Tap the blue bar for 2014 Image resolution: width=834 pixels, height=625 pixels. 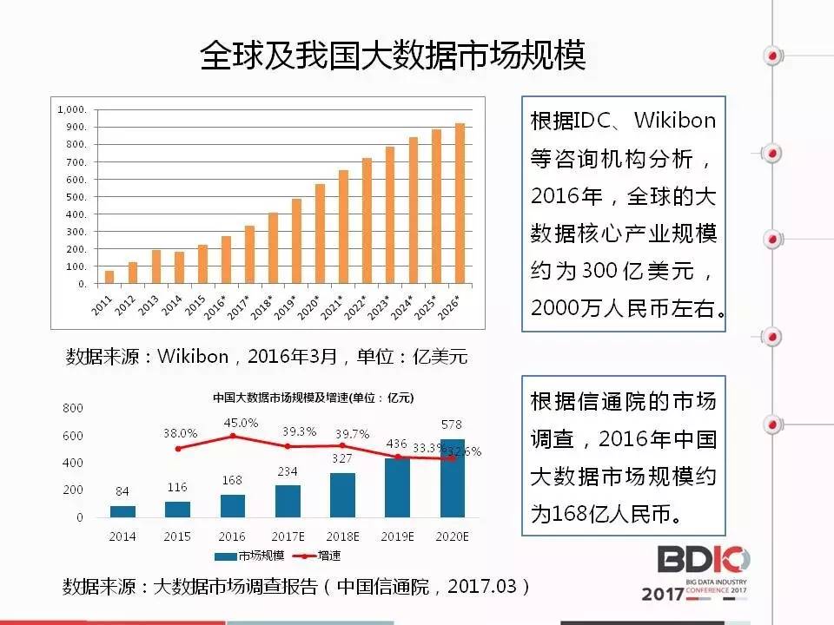(123, 511)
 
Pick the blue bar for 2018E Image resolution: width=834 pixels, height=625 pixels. (342, 495)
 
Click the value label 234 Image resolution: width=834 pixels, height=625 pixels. (288, 470)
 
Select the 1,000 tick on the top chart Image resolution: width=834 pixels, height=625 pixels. (72, 110)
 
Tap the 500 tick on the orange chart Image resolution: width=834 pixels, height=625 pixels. (76, 197)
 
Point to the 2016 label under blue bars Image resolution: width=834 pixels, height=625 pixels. (233, 536)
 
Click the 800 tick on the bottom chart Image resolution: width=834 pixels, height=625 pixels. (73, 407)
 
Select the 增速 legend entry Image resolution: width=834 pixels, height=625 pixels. (317, 556)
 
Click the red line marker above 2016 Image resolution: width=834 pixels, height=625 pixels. (233, 436)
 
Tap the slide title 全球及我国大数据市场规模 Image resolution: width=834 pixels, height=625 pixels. (393, 56)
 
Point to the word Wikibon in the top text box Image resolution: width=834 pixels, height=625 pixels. (675, 120)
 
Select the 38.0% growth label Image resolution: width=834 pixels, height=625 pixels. (180, 432)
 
